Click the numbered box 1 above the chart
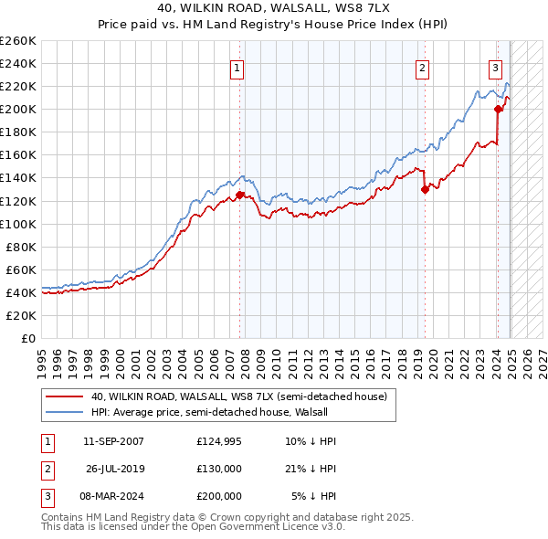point(237,67)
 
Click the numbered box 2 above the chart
point(423,67)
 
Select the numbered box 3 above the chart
point(495,67)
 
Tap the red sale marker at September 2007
point(239,195)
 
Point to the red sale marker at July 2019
point(425,189)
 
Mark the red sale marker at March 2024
point(498,109)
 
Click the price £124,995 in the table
point(218,441)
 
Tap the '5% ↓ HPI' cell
point(314,496)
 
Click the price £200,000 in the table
point(218,496)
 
